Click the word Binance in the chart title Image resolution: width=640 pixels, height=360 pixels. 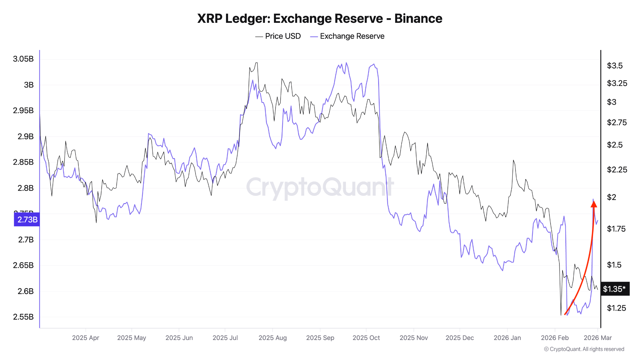[418, 18]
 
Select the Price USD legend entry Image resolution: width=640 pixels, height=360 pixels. [278, 36]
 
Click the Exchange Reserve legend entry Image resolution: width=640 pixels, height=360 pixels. [347, 36]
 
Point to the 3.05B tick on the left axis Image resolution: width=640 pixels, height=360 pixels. [23, 59]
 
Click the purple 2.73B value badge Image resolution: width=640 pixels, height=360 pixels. [27, 219]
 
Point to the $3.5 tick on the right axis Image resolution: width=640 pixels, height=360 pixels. [614, 66]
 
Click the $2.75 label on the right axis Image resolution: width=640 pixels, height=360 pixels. [617, 122]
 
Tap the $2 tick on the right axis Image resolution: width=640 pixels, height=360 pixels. [611, 197]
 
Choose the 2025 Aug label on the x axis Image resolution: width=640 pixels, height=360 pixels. [272, 338]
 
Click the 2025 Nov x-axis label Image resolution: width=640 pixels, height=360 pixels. [413, 338]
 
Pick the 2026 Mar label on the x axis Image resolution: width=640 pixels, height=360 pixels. [597, 338]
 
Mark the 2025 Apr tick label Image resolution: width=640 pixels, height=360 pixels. [85, 338]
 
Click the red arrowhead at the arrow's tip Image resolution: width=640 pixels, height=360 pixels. [594, 204]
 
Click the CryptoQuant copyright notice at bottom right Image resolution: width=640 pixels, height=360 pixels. [584, 349]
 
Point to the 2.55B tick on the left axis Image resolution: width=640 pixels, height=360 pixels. [23, 317]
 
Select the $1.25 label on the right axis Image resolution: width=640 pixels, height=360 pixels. [616, 308]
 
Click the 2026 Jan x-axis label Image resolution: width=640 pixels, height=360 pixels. [507, 338]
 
